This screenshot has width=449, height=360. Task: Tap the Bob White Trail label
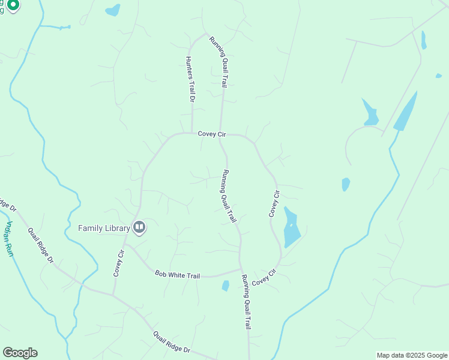coord(177,275)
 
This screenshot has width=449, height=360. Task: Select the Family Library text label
coord(104,228)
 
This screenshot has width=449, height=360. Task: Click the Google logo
coord(20,353)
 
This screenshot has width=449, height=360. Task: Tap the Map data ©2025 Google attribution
coord(412,355)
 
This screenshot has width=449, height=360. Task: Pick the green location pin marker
coord(13,5)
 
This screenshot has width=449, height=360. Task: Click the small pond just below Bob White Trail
coord(226,286)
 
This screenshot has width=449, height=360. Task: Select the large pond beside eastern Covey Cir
coord(291,228)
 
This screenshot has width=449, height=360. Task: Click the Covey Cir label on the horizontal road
coord(212,134)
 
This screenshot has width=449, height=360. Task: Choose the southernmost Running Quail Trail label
coord(246,302)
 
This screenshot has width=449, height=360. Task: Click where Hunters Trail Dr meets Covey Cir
coord(191,133)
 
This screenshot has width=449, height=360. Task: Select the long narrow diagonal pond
coord(405,112)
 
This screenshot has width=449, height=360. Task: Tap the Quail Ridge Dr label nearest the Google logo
coord(171,343)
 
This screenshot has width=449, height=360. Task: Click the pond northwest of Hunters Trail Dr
coord(112,10)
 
